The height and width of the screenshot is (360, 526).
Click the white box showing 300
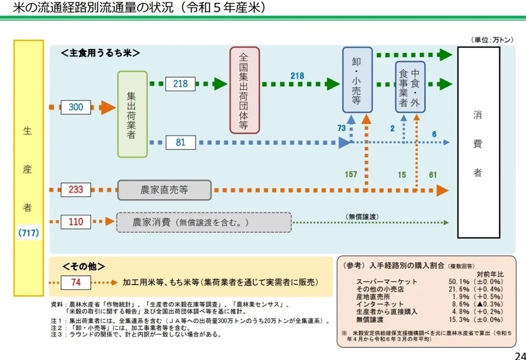[x=76, y=107]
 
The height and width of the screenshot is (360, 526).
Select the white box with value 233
[x=76, y=190]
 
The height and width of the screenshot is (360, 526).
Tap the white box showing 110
[x=76, y=222]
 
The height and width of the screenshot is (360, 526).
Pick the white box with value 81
[x=180, y=142]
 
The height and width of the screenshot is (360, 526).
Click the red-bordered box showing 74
[x=76, y=282]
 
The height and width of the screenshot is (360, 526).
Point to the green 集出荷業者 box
[x=132, y=114]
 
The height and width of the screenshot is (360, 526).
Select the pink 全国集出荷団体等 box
[x=244, y=90]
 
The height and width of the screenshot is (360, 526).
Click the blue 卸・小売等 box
[x=357, y=80]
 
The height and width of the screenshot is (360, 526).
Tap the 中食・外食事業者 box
[x=410, y=88]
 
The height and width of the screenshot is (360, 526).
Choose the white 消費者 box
[x=478, y=144]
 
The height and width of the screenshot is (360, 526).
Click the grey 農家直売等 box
[x=164, y=190]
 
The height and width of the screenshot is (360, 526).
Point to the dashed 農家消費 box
[x=203, y=222]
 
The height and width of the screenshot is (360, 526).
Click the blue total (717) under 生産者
[x=28, y=232]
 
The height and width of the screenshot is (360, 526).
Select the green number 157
[x=351, y=174]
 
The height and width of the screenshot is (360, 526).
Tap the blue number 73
[x=341, y=128]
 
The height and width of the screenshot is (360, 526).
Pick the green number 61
[x=433, y=174]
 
